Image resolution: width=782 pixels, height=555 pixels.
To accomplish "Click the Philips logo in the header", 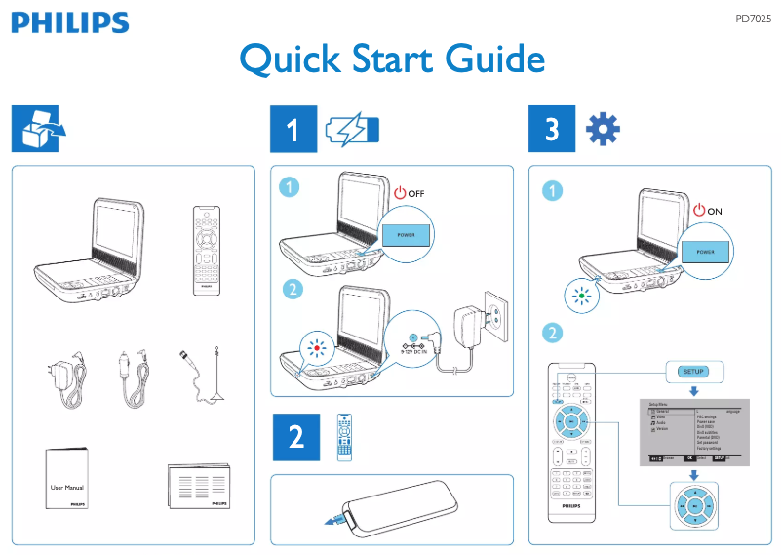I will (70, 22).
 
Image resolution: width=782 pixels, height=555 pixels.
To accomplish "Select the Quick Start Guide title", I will (392, 59).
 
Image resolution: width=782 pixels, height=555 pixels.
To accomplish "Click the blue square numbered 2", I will (294, 438).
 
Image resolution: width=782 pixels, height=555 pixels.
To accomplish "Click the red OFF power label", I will (410, 192).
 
